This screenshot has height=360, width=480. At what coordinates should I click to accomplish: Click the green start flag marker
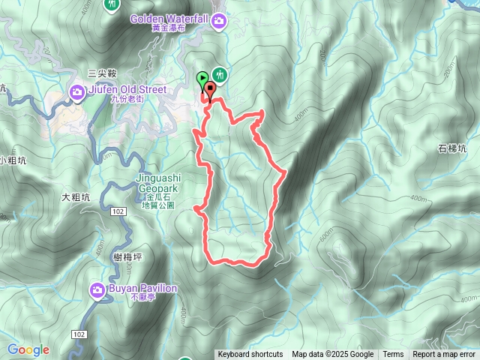pyautogui.click(x=202, y=78)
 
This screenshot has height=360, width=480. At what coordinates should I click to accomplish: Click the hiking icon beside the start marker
pyautogui.click(x=220, y=74)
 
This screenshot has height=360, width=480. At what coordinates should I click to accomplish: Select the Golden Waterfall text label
pyautogui.click(x=171, y=18)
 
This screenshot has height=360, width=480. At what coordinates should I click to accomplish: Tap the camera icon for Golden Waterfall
pyautogui.click(x=219, y=20)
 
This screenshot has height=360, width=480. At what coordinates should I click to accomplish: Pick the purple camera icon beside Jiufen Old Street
pyautogui.click(x=77, y=92)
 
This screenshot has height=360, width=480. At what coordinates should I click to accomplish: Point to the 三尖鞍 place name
pyautogui.click(x=102, y=73)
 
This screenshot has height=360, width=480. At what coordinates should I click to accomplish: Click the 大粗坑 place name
pyautogui.click(x=76, y=197)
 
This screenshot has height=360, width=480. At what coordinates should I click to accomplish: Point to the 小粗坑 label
pyautogui.click(x=13, y=160)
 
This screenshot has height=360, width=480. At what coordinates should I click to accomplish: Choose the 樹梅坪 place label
pyautogui.click(x=128, y=256)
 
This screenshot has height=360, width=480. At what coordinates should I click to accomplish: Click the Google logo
pyautogui.click(x=28, y=349)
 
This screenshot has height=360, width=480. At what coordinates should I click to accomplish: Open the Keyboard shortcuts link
pyautogui.click(x=250, y=355)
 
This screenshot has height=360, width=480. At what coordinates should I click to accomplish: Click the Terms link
pyautogui.click(x=393, y=355)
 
